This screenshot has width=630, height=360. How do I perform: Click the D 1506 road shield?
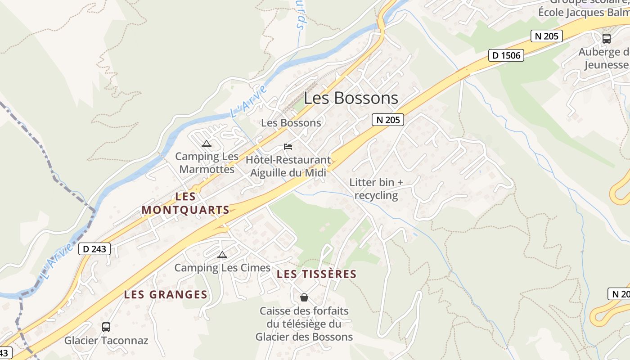(506, 55)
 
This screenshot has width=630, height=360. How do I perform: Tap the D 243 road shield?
(94, 248)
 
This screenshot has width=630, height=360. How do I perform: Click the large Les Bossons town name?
(351, 98)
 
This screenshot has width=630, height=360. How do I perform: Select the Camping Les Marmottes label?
(207, 163)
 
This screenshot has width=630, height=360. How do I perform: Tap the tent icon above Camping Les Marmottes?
(207, 144)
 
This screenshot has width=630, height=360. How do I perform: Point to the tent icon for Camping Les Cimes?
(222, 255)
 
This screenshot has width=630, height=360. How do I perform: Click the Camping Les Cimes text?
(222, 268)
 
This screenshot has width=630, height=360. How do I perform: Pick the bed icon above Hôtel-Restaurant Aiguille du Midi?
(288, 147)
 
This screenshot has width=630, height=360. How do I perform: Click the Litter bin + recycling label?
(376, 189)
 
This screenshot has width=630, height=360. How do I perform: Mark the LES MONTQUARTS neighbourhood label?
(185, 203)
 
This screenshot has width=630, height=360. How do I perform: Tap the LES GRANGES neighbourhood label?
(166, 295)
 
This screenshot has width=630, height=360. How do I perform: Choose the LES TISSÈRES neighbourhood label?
(316, 274)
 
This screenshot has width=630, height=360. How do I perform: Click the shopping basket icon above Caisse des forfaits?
(304, 297)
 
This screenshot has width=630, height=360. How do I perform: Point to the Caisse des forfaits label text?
(304, 324)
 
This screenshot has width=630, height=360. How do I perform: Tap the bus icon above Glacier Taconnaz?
(106, 327)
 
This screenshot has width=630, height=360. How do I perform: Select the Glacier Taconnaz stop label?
(106, 340)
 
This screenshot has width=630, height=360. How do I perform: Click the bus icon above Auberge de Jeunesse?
(607, 39)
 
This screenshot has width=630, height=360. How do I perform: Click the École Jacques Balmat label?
(584, 12)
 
